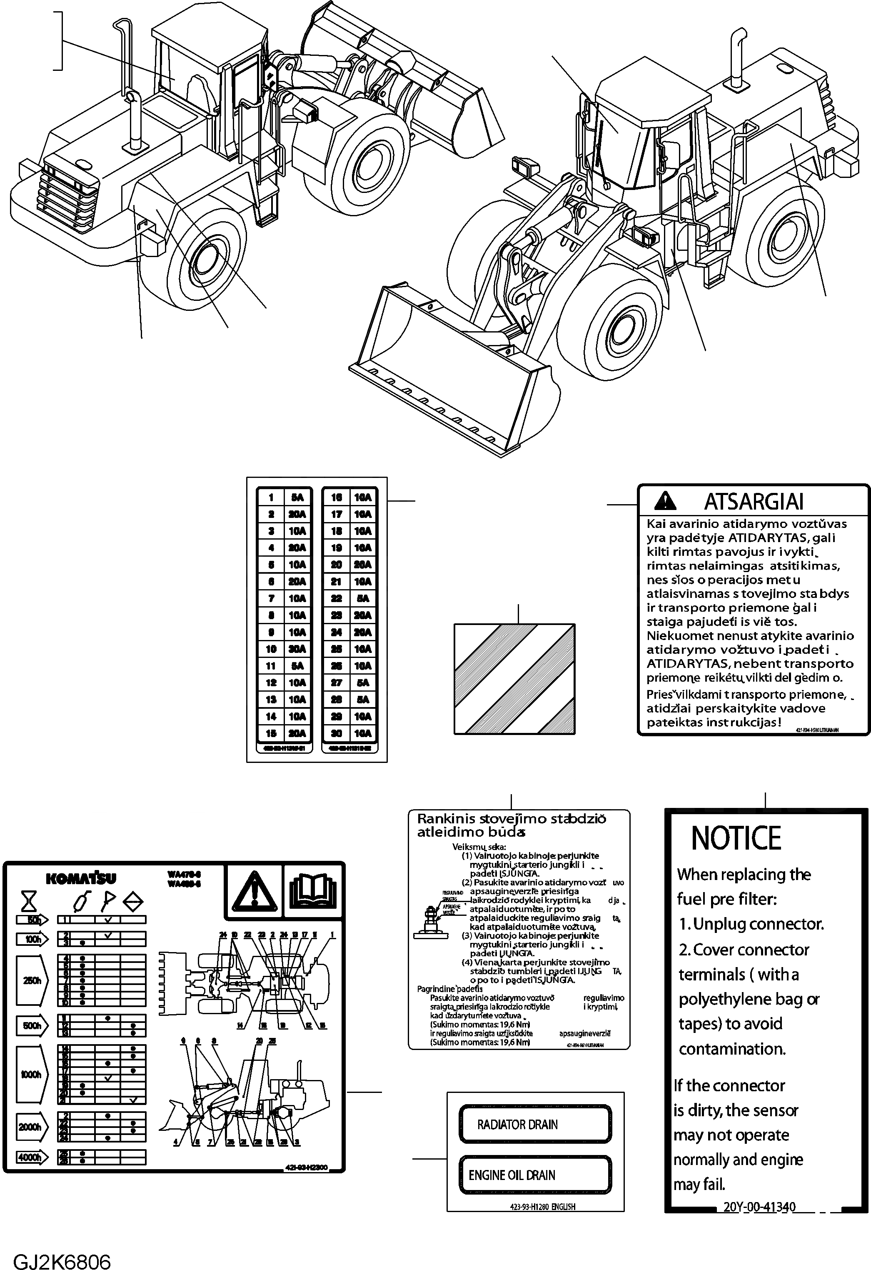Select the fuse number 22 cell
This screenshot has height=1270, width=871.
tap(336, 598)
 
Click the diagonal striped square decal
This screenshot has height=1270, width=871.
tap(514, 679)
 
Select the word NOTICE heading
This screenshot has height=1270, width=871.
tap(736, 838)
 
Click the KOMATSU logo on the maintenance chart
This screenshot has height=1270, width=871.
tap(81, 878)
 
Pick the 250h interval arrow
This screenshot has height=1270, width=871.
tap(32, 980)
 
